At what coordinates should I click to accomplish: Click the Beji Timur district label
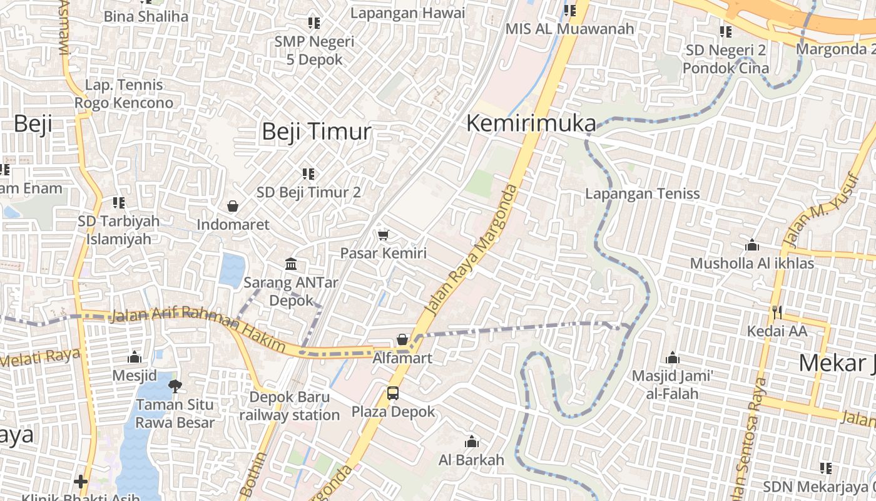[x=316, y=132]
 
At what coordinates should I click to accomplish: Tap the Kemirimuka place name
[x=531, y=123]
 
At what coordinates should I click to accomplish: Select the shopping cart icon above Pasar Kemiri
[x=383, y=235]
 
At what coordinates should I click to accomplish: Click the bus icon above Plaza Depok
[x=393, y=393]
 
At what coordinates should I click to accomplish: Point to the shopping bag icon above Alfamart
[x=402, y=340]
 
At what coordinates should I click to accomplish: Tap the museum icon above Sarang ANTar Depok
[x=291, y=264]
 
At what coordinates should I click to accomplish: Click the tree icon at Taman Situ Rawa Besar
[x=175, y=385]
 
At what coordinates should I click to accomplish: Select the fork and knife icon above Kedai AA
[x=777, y=311]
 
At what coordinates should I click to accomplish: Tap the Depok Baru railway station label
[x=289, y=406]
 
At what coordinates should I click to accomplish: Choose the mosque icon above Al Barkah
[x=472, y=442]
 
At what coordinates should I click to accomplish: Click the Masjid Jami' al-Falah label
[x=673, y=385]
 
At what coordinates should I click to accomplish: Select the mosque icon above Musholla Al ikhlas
[x=752, y=245]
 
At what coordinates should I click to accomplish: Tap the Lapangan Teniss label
[x=643, y=194]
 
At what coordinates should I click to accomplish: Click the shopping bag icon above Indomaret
[x=233, y=206]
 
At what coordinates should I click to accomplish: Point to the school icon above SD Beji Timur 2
[x=308, y=173]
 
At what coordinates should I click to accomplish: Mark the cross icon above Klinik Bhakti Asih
[x=80, y=481]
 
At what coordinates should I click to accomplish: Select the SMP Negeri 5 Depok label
[x=315, y=51]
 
